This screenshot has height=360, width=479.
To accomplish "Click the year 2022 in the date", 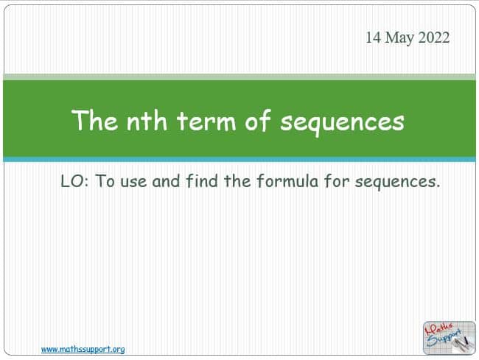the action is (x=434, y=38).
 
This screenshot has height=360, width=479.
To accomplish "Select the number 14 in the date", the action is (x=374, y=38).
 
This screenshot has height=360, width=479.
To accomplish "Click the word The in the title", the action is (x=94, y=120).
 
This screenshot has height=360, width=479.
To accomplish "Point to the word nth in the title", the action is (x=147, y=120).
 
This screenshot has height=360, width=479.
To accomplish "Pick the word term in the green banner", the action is (x=206, y=121).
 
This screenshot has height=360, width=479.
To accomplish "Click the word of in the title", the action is (x=258, y=120).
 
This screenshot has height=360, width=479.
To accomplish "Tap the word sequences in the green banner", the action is (x=343, y=123).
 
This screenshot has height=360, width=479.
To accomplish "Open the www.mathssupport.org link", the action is (x=83, y=349).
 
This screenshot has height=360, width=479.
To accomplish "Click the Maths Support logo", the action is (x=449, y=338).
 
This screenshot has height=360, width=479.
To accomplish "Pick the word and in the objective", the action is (x=166, y=181).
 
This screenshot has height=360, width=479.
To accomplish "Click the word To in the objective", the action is (x=105, y=181).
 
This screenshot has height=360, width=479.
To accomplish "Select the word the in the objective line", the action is (x=238, y=180).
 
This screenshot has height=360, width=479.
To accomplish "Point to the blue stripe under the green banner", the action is (x=239, y=160).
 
